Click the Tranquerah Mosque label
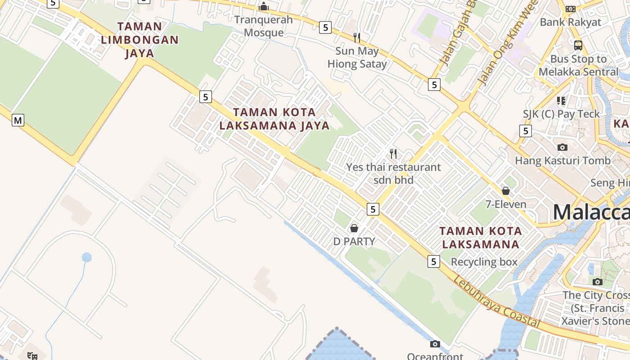[x=263, y=26]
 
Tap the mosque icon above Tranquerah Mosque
[x=264, y=6]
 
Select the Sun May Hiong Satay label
[x=357, y=58]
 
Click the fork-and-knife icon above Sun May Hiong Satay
[x=357, y=37]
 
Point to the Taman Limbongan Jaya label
[x=139, y=40]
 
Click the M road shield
[x=18, y=120]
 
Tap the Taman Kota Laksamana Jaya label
[x=274, y=119]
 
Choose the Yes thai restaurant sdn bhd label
[x=393, y=173]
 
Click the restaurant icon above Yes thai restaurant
[x=393, y=154]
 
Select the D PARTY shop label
[x=354, y=242]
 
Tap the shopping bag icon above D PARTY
[x=354, y=228]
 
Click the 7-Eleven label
[x=506, y=204]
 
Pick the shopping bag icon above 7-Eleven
[x=506, y=190]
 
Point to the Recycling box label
[x=484, y=262]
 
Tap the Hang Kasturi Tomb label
[x=562, y=161]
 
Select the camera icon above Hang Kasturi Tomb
[x=562, y=147]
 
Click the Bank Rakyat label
[x=570, y=22]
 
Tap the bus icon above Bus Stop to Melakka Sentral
[x=578, y=45]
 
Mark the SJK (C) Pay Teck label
[x=561, y=114]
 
